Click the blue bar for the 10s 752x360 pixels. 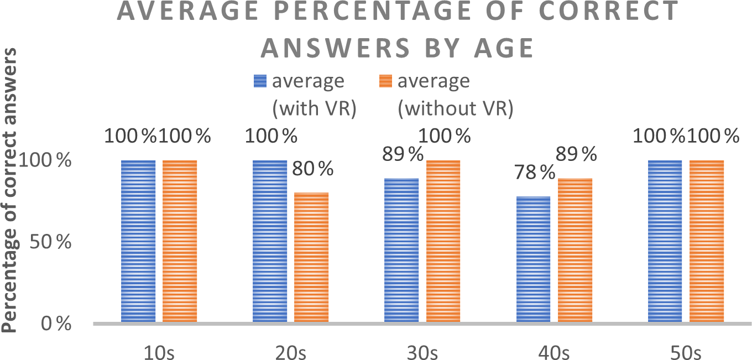coord(138,241)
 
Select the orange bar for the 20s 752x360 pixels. coord(311,257)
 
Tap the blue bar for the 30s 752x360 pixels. coord(401,250)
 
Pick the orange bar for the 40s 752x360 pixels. coord(575,250)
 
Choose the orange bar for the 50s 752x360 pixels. coord(706,241)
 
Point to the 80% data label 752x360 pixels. coord(313,168)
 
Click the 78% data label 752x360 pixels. coord(534,174)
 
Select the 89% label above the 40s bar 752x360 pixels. coord(576,155)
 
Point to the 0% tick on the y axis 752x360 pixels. coord(55,324)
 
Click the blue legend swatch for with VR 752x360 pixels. coord(260,81)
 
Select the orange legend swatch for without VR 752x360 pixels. coord(385,81)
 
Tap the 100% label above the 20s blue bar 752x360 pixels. coord(271,135)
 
